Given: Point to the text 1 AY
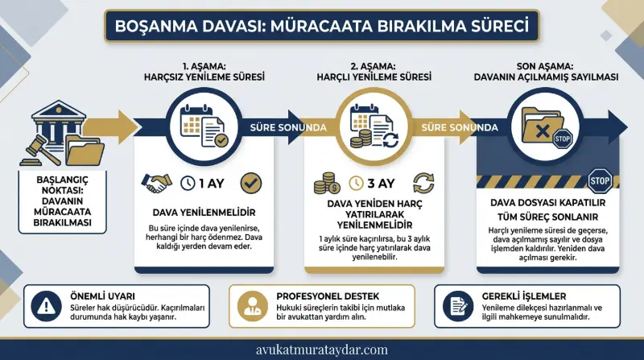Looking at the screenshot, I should pos(213,183).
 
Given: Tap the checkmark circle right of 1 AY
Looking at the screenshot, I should pos(250,183).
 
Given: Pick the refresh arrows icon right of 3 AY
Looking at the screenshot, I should pos(423,183).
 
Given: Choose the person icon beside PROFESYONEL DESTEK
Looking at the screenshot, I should pos(249,304).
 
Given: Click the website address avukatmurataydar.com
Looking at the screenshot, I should pos(322,350).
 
